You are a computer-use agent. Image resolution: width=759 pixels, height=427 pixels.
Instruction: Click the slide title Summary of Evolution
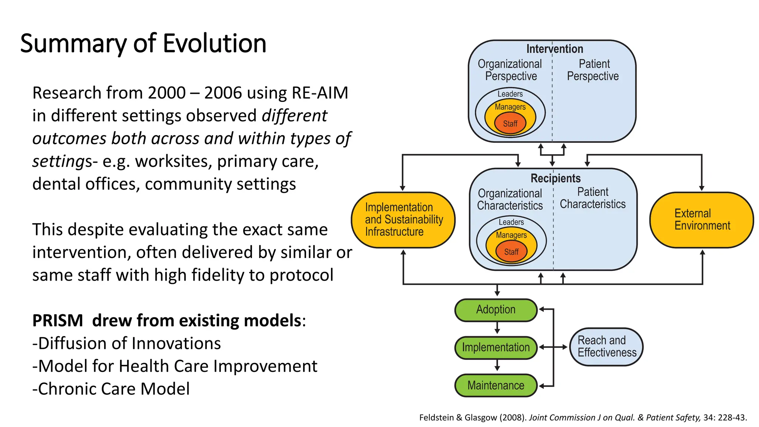(143, 43)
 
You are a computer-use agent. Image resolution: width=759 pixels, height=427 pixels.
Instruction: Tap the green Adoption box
(495, 310)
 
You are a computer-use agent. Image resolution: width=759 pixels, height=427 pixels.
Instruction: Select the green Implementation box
(495, 347)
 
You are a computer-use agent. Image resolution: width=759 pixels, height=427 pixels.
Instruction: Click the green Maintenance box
(495, 385)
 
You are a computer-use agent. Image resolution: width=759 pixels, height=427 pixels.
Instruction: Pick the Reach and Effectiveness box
(606, 347)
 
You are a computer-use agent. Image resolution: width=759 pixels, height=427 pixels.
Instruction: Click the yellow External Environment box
(701, 219)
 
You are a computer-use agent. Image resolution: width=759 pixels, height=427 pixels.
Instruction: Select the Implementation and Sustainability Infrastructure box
(403, 219)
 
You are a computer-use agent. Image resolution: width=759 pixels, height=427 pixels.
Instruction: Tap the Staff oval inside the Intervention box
(510, 124)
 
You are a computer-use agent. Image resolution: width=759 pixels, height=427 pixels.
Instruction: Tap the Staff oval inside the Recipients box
(511, 252)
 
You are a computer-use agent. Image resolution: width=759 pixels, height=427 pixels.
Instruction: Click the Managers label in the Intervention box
(510, 107)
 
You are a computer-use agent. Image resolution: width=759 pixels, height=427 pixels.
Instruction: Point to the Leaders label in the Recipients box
(511, 222)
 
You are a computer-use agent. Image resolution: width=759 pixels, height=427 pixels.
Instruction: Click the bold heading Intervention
(554, 49)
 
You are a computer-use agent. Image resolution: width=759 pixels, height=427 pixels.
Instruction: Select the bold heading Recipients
(555, 178)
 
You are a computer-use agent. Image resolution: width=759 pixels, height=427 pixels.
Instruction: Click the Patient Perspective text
(593, 70)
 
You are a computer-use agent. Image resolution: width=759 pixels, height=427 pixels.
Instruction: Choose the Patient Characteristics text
(593, 198)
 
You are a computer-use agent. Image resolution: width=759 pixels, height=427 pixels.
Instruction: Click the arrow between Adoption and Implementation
(497, 328)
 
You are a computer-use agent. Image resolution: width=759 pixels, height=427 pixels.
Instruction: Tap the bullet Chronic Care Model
(111, 389)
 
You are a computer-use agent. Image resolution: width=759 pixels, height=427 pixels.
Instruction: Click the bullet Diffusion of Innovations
(127, 343)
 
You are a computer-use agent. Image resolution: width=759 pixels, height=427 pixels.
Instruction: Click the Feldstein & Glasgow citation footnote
(583, 417)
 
